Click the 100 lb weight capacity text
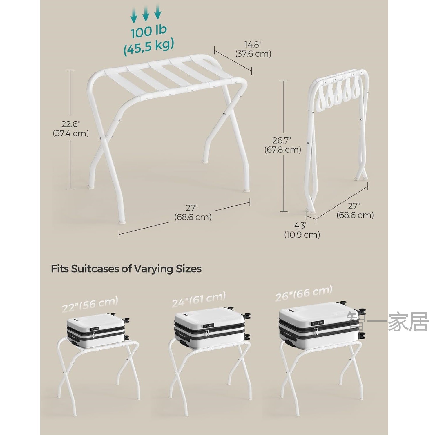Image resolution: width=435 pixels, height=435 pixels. click(x=148, y=32)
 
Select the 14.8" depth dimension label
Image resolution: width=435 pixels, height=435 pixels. click(x=253, y=45)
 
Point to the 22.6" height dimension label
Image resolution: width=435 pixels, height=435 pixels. click(x=70, y=124)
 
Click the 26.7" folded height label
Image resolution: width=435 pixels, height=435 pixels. click(x=282, y=140)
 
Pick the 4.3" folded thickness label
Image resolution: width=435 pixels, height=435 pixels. click(x=301, y=225)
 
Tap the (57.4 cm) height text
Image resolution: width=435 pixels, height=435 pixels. click(x=70, y=133)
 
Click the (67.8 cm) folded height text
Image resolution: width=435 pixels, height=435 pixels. click(x=282, y=150)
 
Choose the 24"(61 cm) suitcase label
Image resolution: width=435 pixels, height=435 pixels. click(x=199, y=299)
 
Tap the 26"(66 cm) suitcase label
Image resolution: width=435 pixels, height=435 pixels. click(x=304, y=293)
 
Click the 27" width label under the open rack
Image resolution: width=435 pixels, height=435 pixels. click(x=192, y=208)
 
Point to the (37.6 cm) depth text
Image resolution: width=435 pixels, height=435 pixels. click(x=253, y=54)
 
